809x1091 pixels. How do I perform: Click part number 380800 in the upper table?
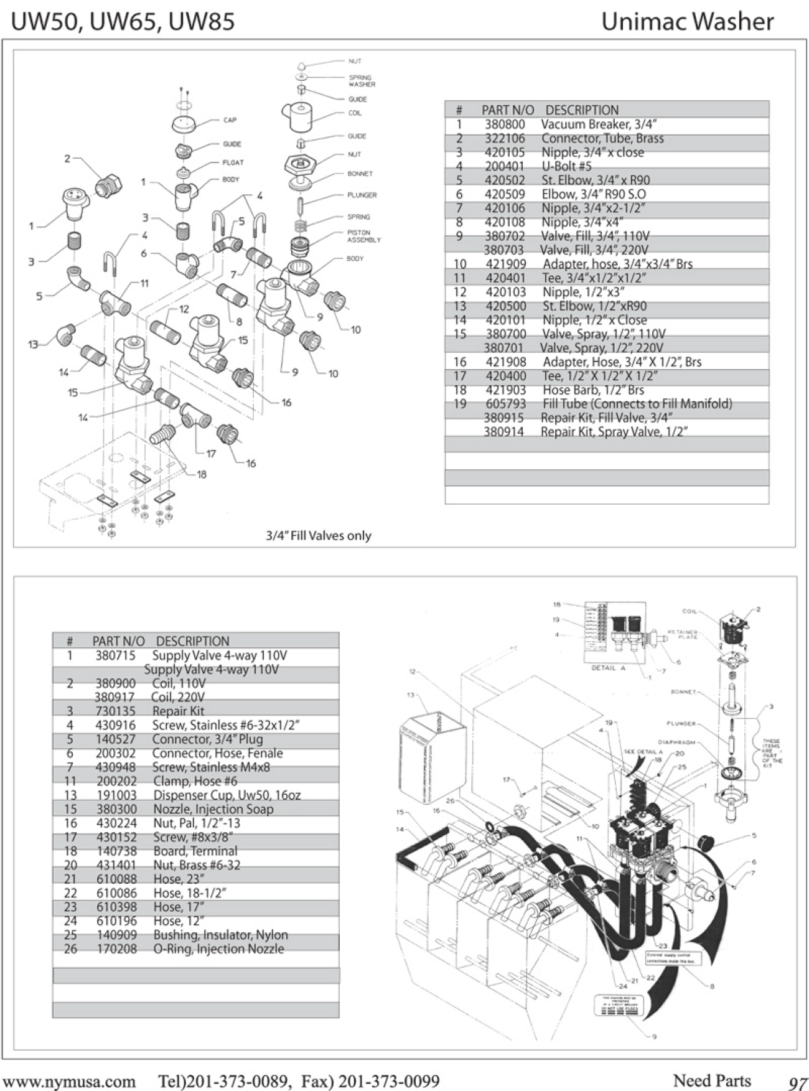click(x=505, y=124)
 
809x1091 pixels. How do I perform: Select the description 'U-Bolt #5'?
click(x=566, y=166)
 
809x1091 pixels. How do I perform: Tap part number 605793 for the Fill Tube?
click(x=505, y=404)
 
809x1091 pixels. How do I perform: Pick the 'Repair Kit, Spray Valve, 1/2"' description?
click(x=614, y=432)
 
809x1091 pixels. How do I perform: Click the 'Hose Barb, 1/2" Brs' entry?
click(x=593, y=390)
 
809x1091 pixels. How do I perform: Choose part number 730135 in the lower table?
click(x=115, y=711)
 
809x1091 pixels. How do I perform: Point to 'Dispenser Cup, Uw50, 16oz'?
click(x=227, y=795)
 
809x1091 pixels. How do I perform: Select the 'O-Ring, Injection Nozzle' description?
click(x=218, y=949)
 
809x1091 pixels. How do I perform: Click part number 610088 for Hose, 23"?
click(x=116, y=879)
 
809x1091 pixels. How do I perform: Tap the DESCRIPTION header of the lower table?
click(x=192, y=641)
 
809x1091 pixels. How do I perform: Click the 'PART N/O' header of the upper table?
click(x=507, y=110)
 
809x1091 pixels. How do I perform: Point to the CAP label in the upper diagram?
click(x=230, y=120)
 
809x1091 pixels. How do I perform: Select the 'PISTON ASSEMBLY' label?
click(x=363, y=236)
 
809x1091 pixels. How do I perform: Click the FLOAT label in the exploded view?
click(x=233, y=162)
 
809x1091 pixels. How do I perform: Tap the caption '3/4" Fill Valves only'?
click(x=318, y=536)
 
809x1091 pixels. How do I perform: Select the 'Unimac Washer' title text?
click(x=687, y=22)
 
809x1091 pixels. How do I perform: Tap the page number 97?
click(x=797, y=1083)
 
